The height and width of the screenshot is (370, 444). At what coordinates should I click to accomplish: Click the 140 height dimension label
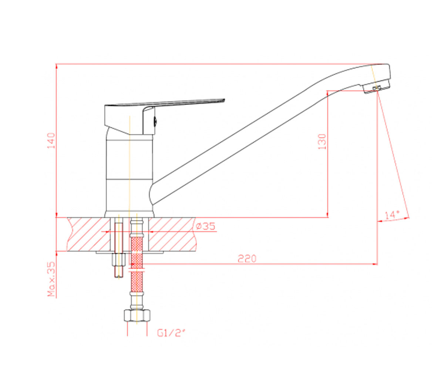coord(51,141)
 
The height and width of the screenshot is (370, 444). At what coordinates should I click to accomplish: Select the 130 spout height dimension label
coord(322,142)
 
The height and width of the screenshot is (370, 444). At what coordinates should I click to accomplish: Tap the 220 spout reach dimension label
coord(247,259)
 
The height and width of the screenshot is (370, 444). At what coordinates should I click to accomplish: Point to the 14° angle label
coord(392,215)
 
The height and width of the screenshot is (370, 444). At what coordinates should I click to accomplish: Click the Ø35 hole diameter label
coord(205,226)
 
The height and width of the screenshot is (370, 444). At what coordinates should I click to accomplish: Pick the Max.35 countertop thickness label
coord(51,279)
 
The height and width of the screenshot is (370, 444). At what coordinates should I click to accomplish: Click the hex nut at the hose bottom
coord(137,316)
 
